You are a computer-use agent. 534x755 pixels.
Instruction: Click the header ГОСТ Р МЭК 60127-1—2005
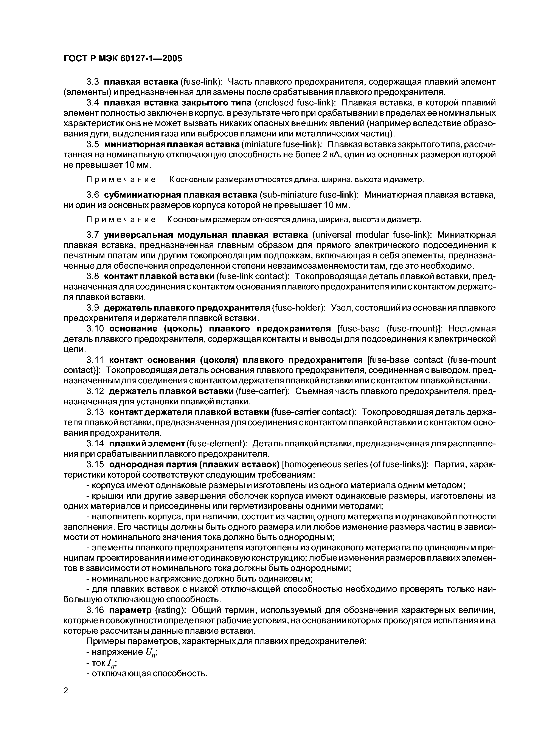click(x=122, y=59)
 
